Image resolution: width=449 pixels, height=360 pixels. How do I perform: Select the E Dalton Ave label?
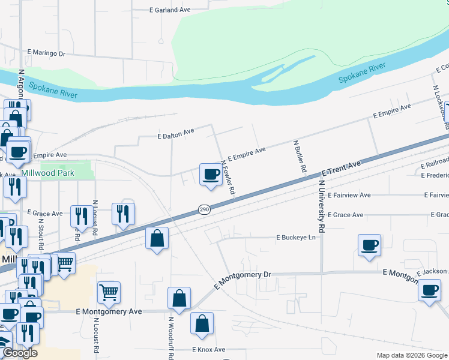(176, 136)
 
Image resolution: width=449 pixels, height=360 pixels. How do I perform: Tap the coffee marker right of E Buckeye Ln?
(369, 245)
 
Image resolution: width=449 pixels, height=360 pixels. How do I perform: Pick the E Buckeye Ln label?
(295, 238)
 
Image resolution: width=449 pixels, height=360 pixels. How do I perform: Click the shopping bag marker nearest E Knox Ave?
(202, 323)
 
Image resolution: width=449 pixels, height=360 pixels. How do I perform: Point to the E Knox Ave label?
(209, 350)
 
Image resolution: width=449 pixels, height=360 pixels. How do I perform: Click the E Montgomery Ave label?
(109, 312)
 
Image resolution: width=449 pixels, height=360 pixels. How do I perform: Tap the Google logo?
(20, 353)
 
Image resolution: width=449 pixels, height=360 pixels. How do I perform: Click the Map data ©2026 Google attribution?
(411, 355)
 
